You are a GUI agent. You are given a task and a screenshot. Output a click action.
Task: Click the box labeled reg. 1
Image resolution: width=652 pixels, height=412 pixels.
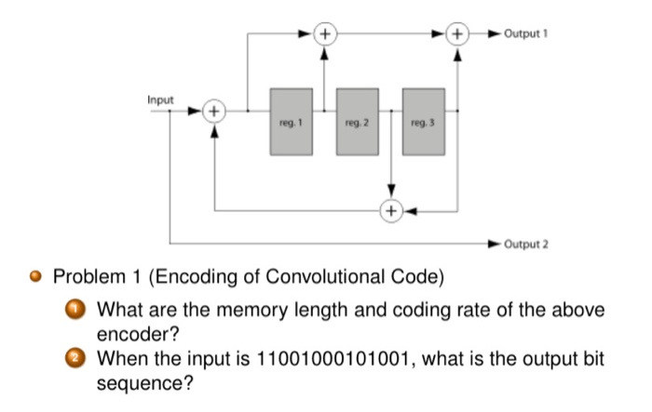pos(291,121)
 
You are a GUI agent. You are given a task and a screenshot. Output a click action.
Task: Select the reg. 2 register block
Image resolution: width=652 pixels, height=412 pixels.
pos(357,121)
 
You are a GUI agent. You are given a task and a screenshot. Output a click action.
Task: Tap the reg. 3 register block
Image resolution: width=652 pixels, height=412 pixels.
pos(423,121)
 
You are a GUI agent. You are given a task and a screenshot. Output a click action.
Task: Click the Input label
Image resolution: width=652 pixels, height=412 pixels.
pos(160,96)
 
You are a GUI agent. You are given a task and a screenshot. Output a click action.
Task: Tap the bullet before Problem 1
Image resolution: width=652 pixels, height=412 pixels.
pos(36,278)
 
